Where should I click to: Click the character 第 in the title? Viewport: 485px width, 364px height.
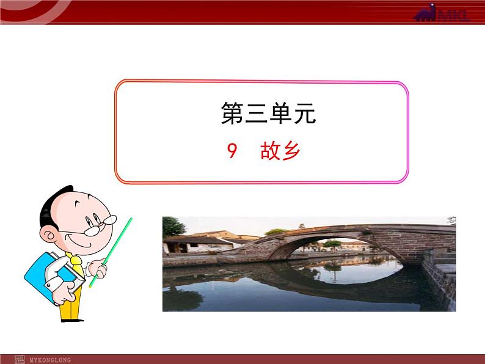click(232, 114)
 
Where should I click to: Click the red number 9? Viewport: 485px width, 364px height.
click(232, 151)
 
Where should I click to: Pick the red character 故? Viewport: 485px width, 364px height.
click(269, 151)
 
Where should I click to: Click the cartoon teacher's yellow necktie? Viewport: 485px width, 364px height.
click(76, 263)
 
